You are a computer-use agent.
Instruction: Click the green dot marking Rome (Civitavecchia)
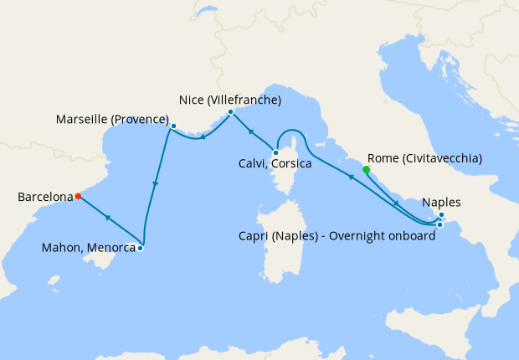tap(366, 170)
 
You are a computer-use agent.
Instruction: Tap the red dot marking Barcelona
tap(78, 197)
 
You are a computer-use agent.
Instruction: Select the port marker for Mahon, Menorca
tap(141, 248)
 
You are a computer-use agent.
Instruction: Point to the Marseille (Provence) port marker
tap(173, 126)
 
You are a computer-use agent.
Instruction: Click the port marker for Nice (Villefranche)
tap(230, 111)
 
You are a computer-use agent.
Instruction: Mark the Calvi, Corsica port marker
tap(275, 152)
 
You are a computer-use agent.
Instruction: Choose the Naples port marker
tap(441, 216)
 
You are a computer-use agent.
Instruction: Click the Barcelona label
tap(45, 198)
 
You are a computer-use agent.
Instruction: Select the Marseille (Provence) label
tap(112, 119)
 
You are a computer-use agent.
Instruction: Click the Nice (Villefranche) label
tap(230, 100)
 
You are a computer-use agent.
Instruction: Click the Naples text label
tap(442, 202)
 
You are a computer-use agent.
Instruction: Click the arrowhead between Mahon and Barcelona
tap(108, 217)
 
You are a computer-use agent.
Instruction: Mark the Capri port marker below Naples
tap(439, 224)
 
